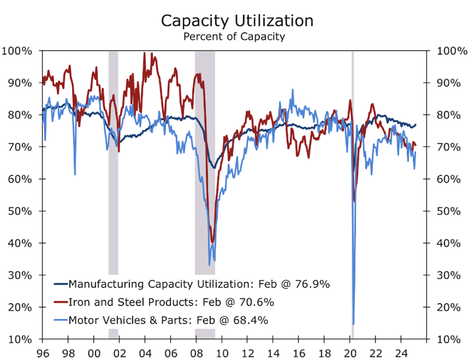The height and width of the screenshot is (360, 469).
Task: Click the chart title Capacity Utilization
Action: [237, 20]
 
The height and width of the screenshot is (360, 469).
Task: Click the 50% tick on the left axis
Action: [19, 211]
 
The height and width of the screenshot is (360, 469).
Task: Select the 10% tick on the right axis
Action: [449, 339]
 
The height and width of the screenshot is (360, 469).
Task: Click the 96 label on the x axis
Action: [43, 352]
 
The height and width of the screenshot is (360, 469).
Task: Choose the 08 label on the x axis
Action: [196, 352]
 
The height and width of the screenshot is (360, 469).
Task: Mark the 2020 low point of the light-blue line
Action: [353, 324]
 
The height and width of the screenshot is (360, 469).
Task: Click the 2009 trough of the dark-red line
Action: [212, 241]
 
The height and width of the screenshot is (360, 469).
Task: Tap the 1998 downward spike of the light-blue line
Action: [75, 174]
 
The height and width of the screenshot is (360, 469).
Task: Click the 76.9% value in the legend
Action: [313, 284]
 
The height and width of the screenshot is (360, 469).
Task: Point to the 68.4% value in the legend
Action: [252, 320]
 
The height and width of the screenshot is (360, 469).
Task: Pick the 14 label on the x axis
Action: [273, 352]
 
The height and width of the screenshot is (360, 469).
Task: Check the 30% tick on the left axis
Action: [19, 275]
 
